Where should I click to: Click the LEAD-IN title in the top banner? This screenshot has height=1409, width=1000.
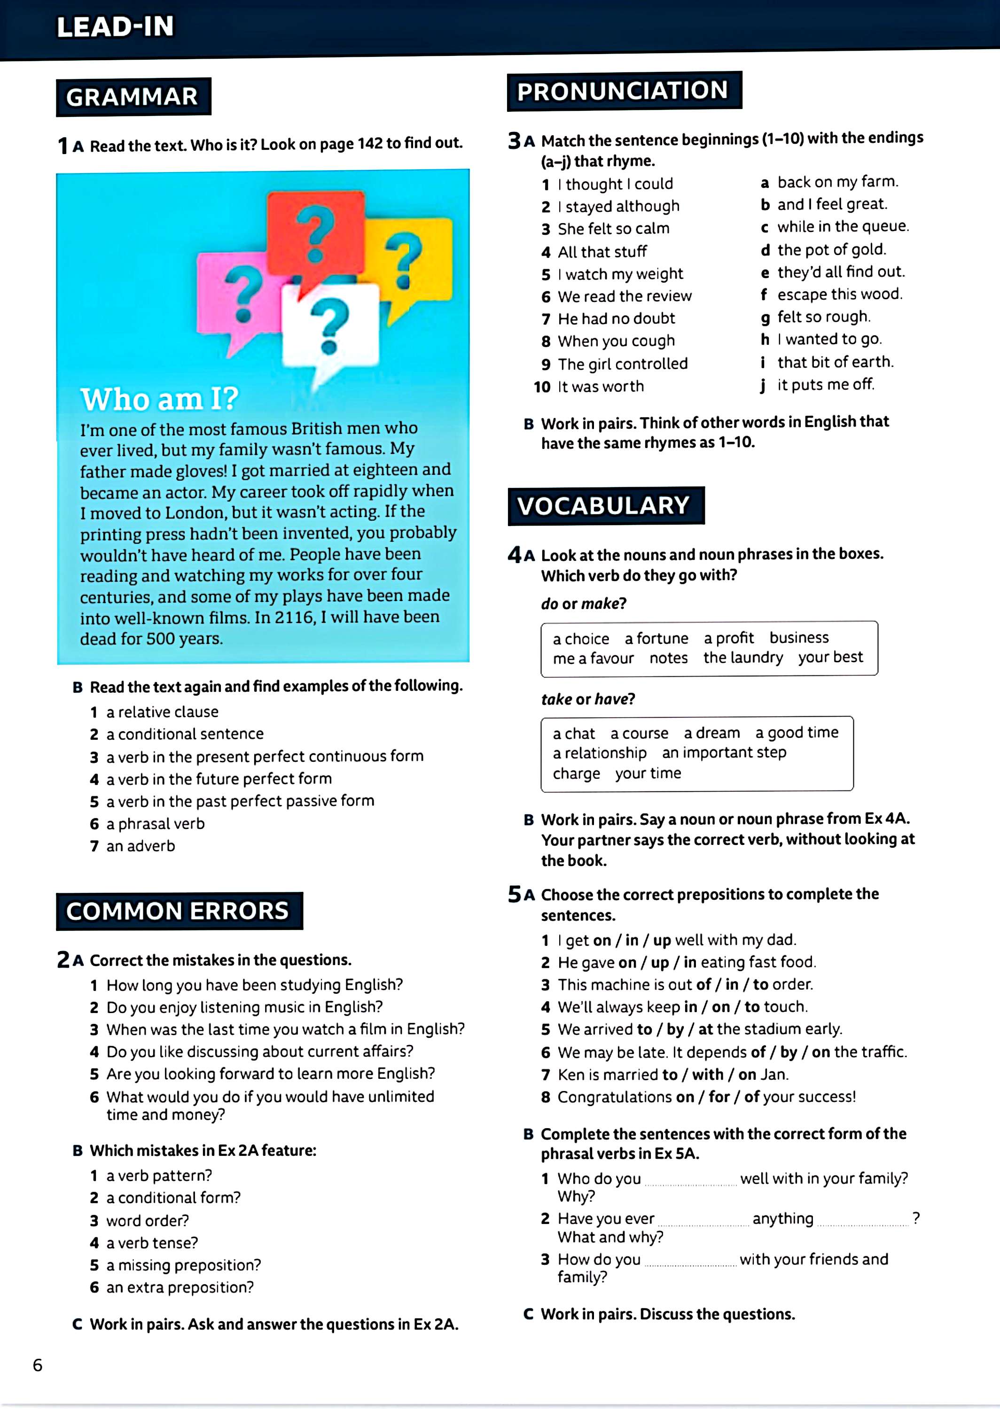pyautogui.click(x=115, y=27)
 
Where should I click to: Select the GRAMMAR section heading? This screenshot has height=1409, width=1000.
pyautogui.click(x=133, y=97)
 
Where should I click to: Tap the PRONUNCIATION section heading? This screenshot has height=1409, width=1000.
pyautogui.click(x=623, y=91)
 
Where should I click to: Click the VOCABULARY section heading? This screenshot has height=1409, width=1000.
pyautogui.click(x=603, y=506)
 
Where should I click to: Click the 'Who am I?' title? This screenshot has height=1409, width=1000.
pyautogui.click(x=159, y=399)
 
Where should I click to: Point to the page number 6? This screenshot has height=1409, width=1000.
pyautogui.click(x=38, y=1365)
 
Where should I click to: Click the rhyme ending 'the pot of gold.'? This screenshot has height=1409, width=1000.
pyautogui.click(x=831, y=249)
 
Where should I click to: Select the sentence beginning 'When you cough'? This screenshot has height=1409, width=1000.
pyautogui.click(x=616, y=341)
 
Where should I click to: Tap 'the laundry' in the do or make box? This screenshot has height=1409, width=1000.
pyautogui.click(x=743, y=657)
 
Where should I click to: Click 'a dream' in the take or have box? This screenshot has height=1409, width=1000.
pyautogui.click(x=712, y=733)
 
